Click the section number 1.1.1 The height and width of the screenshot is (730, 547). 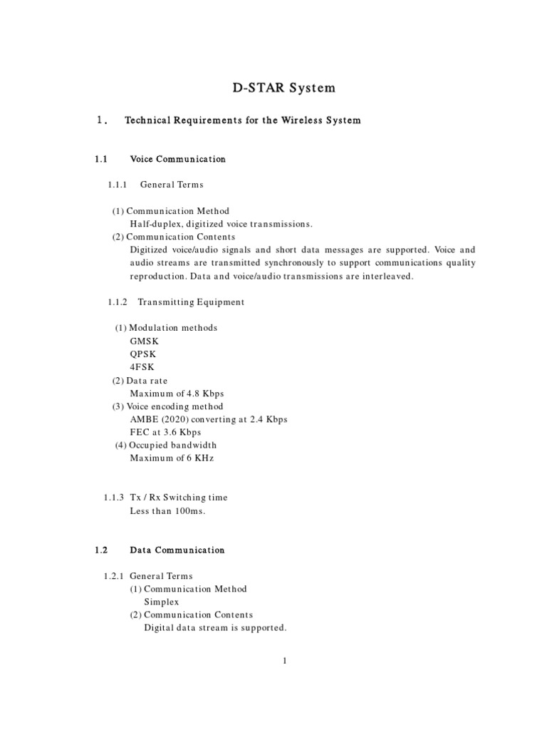click(117, 185)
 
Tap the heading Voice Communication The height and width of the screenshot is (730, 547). click(177, 159)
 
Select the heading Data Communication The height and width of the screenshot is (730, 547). click(177, 550)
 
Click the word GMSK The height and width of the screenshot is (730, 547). click(145, 341)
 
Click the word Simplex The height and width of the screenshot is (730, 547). click(162, 602)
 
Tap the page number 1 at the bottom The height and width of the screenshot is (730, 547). click(283, 661)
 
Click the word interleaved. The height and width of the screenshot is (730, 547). click(385, 276)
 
